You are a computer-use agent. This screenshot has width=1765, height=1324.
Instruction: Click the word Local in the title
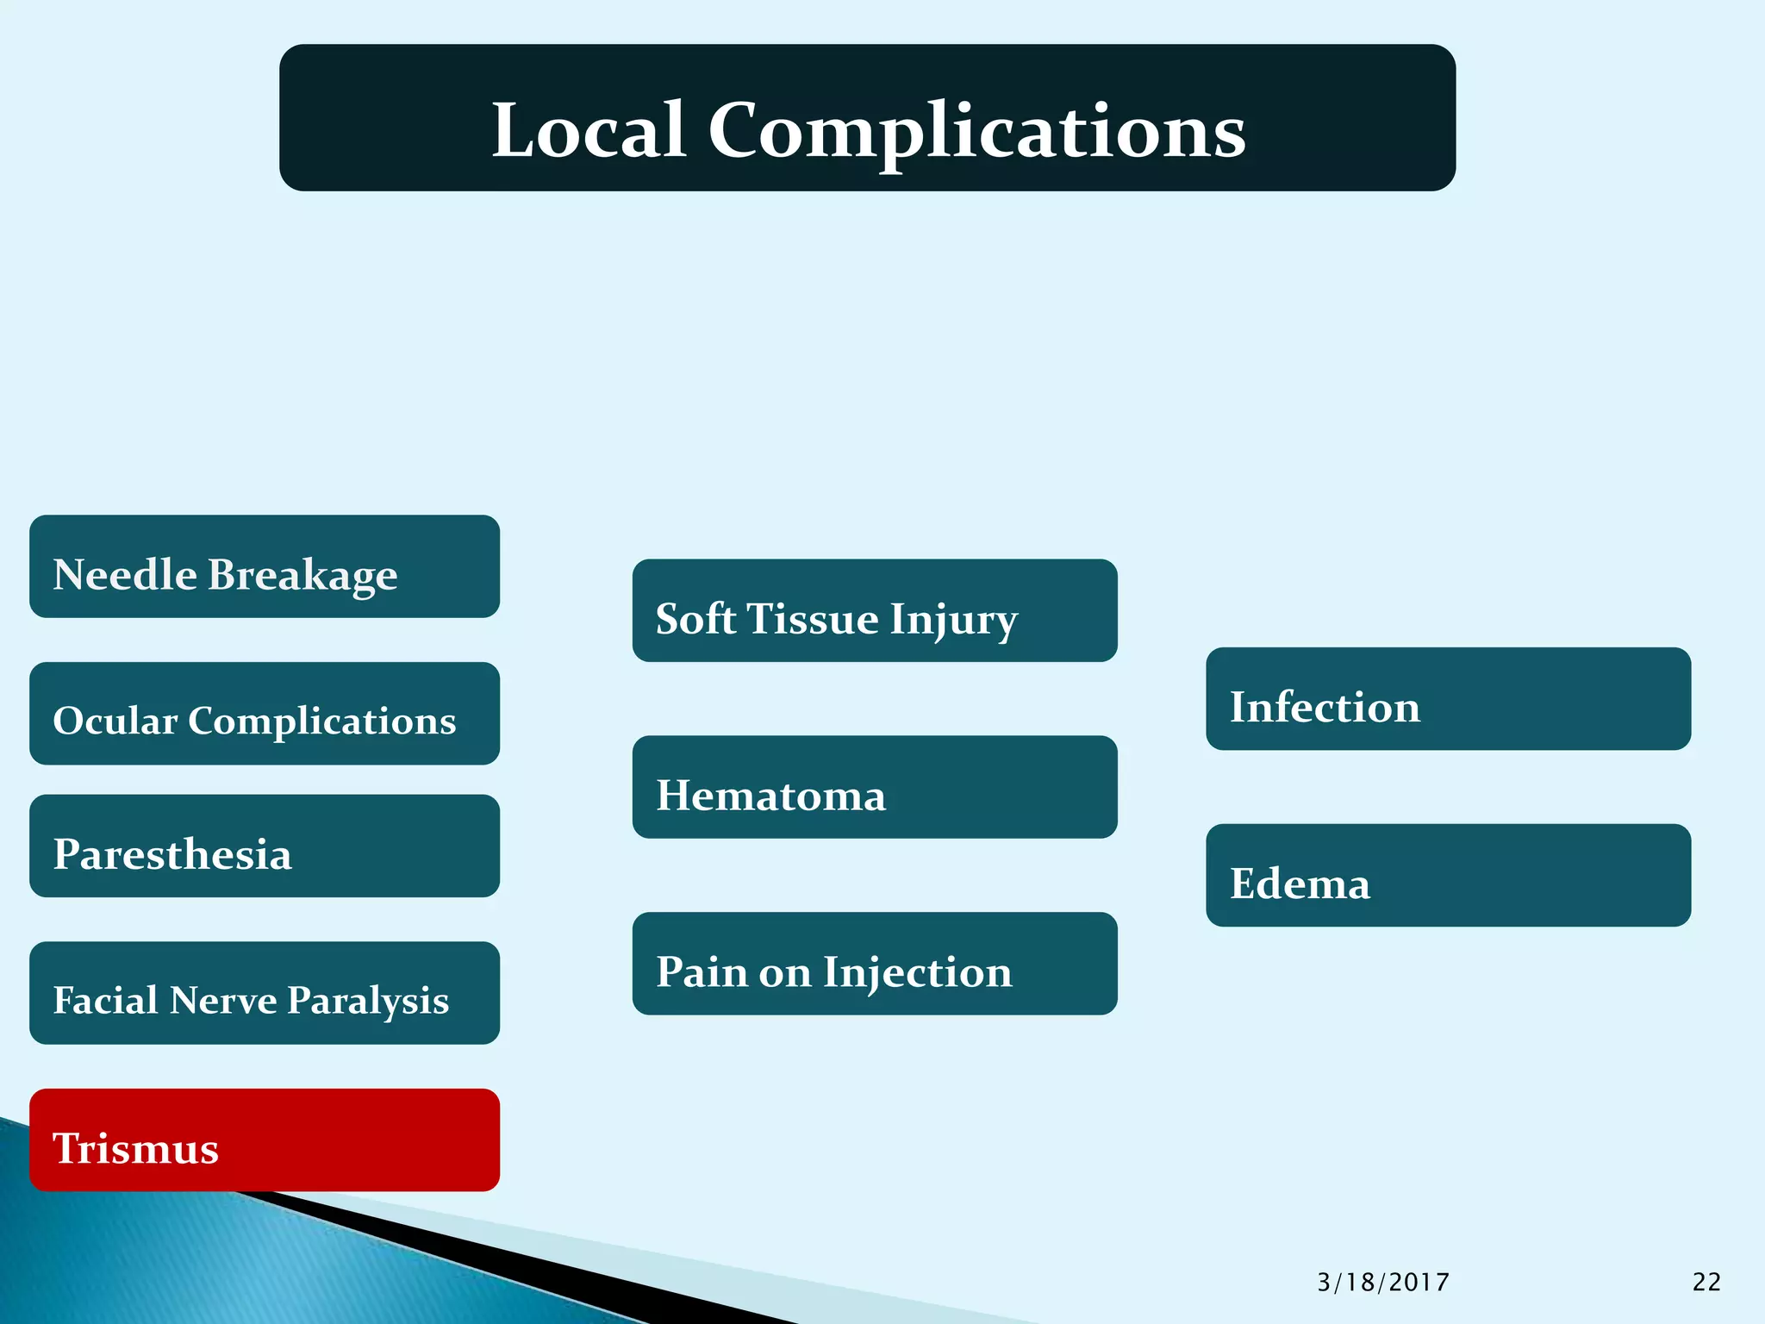[x=589, y=130]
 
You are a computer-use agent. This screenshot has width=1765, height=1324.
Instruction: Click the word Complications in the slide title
[x=976, y=130]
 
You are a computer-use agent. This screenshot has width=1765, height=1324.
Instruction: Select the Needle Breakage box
[x=265, y=566]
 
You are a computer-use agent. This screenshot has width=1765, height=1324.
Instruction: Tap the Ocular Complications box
[x=265, y=714]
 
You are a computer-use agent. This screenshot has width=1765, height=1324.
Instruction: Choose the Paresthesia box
[x=265, y=846]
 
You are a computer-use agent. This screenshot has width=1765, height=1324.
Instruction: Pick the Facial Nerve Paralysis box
[x=265, y=993]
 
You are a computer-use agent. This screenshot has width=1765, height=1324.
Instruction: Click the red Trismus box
[x=265, y=1140]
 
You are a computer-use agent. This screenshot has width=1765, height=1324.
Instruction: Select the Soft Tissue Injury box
[x=875, y=610]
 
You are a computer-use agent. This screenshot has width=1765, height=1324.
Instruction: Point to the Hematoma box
[x=875, y=787]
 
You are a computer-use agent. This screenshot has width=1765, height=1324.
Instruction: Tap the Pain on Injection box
[x=875, y=964]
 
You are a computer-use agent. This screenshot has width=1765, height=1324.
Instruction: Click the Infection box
[x=1448, y=699]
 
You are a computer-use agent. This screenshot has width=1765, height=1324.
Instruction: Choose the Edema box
[x=1448, y=876]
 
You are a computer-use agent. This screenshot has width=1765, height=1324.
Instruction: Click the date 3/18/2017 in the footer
[x=1383, y=1283]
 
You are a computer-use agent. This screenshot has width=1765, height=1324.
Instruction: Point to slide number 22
[x=1706, y=1283]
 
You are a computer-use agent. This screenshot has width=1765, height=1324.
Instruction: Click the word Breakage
[x=302, y=575]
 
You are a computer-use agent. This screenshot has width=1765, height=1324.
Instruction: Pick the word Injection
[x=917, y=972]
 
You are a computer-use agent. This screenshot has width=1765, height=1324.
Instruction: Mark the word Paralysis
[x=368, y=1000]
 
